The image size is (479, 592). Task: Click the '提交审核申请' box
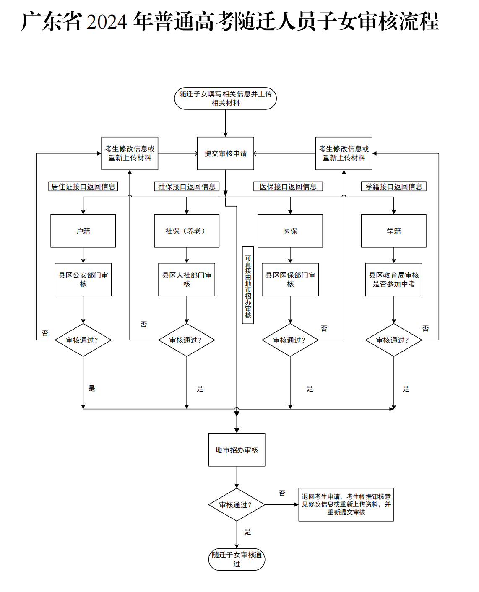click(x=225, y=153)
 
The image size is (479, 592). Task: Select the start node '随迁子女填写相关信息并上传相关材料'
click(x=225, y=99)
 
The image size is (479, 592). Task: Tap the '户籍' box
click(x=83, y=231)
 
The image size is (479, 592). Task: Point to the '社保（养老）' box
click(x=187, y=231)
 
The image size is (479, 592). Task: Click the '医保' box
click(x=290, y=231)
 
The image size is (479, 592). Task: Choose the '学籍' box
click(x=394, y=231)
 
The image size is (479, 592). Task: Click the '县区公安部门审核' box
click(x=83, y=280)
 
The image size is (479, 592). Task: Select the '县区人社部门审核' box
click(x=187, y=280)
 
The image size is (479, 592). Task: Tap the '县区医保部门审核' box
click(x=290, y=280)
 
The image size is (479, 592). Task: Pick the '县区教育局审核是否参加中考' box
click(x=394, y=280)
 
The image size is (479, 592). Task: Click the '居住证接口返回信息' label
click(x=83, y=186)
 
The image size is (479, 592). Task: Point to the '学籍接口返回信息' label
click(x=394, y=186)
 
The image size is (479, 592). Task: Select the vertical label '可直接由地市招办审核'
click(x=248, y=285)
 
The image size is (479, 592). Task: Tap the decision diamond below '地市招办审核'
click(x=237, y=504)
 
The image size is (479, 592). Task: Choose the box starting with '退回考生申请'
click(x=346, y=504)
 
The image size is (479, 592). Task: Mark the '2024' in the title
click(x=107, y=21)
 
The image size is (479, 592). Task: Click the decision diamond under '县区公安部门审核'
click(x=83, y=340)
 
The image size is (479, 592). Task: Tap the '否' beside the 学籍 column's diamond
click(x=425, y=328)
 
